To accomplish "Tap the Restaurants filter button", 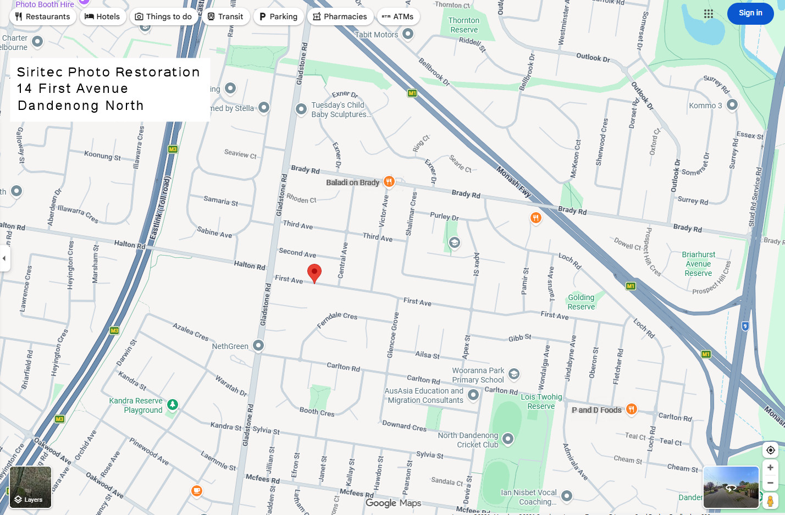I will [43, 16].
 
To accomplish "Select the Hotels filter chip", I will [102, 16].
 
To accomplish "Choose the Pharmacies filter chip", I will [340, 16].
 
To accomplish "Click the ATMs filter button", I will [397, 16].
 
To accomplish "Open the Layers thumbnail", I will [30, 487].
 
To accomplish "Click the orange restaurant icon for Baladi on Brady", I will [389, 181].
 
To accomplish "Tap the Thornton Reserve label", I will [464, 25].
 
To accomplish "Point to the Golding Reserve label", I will [581, 302].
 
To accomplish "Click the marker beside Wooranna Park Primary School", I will [513, 374].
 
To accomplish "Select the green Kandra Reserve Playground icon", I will [173, 405].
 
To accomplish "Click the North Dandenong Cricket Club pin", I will [508, 439].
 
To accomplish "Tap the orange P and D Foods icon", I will [632, 409].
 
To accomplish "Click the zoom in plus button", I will [770, 467].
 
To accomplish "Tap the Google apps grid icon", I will [709, 14].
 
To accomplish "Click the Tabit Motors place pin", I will [407, 34].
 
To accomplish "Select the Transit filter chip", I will [225, 16].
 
